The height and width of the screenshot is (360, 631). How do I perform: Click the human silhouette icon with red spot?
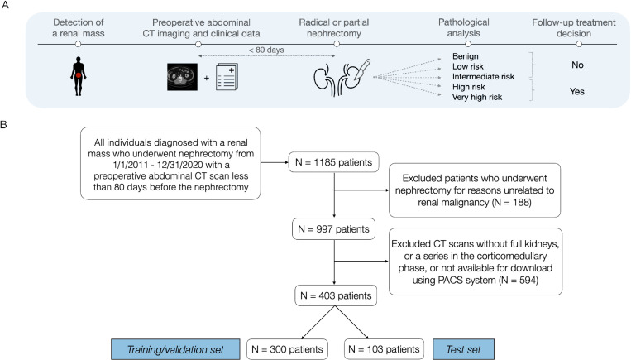[78, 76]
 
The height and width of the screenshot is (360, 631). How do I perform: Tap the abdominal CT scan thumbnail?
[182, 77]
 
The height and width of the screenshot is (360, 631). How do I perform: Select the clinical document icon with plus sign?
[227, 76]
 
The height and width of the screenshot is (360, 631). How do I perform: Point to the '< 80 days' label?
[266, 50]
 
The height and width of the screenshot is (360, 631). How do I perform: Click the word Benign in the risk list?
[466, 56]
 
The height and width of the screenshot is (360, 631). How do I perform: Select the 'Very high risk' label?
[477, 97]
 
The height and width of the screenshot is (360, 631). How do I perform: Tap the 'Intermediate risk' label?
[483, 76]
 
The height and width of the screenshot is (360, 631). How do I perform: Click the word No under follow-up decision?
[577, 65]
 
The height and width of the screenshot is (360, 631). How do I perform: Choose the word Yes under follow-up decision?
[576, 91]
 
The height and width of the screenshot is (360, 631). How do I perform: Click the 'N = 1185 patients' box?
[333, 162]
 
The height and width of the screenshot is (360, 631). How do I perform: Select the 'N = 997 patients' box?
[333, 228]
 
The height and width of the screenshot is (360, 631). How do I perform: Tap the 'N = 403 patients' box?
[336, 295]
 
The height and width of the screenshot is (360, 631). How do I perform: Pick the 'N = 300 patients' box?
[287, 349]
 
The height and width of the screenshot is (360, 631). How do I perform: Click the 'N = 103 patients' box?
[384, 349]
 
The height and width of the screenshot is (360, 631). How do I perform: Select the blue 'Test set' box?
[463, 349]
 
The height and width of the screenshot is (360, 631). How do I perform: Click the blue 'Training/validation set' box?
[175, 349]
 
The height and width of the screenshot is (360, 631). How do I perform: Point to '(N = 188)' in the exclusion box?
[511, 202]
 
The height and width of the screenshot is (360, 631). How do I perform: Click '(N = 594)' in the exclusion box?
[519, 280]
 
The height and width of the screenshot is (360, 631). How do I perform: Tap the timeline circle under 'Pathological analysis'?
[467, 44]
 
